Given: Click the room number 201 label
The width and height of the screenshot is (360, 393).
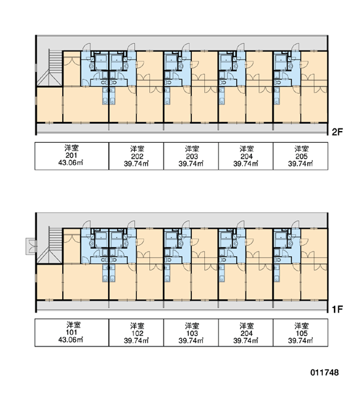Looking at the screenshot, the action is click(71, 155).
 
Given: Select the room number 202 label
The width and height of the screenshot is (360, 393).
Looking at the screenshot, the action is click(137, 157).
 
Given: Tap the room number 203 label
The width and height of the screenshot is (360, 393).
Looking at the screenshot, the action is click(192, 157).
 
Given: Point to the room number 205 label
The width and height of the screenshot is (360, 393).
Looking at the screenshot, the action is click(301, 157).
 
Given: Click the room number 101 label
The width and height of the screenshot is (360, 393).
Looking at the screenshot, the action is click(71, 332).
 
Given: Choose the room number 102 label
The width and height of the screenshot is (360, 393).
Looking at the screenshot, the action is click(137, 333).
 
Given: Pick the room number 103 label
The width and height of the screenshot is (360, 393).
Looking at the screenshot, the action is click(192, 333).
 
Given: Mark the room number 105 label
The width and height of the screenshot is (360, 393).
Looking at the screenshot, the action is click(301, 333).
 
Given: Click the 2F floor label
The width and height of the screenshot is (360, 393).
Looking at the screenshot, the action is click(337, 132).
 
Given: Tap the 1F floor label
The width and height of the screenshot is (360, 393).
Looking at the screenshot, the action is click(337, 309).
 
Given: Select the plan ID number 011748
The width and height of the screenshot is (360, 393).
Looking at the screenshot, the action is click(325, 373).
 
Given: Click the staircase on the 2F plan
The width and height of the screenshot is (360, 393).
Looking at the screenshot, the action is click(56, 62).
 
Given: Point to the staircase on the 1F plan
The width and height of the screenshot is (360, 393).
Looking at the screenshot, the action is click(56, 240).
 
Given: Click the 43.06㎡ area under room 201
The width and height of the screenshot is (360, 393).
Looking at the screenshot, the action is click(71, 162).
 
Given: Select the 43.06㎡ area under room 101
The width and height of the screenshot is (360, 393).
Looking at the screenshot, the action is click(71, 339).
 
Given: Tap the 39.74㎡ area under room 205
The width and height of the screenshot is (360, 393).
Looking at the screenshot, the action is click(300, 164).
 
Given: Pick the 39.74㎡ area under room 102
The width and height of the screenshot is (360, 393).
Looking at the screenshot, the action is click(136, 341).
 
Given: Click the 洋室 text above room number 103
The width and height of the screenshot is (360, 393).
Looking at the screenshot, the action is click(192, 326).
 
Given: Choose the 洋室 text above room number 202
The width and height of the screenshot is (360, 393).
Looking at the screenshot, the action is click(137, 149).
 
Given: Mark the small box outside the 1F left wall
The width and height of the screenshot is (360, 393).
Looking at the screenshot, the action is click(31, 246).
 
